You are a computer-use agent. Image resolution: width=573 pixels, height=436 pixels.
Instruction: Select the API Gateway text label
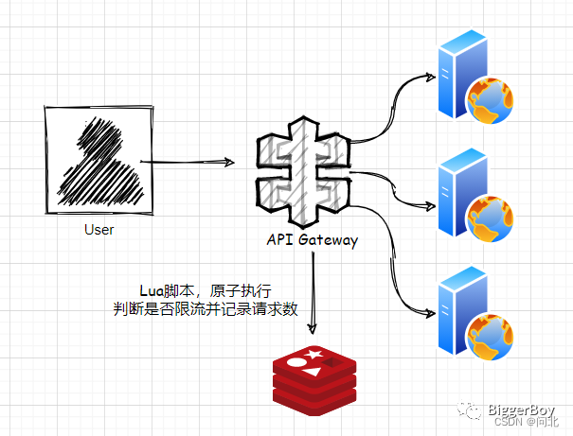point(312,240)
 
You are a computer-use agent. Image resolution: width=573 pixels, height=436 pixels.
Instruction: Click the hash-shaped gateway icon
point(302,167)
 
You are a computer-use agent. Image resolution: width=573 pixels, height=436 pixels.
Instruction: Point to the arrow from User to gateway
point(189,164)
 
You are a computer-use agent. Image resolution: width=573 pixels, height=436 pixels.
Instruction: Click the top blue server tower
point(452,73)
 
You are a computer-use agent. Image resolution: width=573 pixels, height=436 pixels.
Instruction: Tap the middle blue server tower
point(452,192)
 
